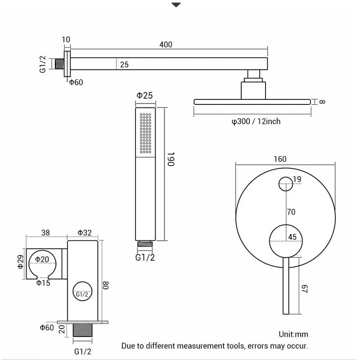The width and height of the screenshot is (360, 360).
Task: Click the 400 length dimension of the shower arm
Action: point(166,45)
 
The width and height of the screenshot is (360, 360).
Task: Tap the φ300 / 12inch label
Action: point(256,121)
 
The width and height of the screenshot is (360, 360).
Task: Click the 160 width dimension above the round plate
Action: point(279,159)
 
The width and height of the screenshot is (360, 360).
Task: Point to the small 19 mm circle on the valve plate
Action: point(285,184)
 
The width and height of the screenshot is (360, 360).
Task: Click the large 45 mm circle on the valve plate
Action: point(285,240)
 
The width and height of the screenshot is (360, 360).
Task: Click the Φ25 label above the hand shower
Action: point(145,95)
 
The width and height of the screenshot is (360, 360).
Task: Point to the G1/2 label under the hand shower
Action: point(145,257)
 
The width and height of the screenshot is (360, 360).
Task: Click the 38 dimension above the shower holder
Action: point(45,233)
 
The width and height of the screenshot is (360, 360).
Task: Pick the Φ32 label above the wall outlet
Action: point(85,233)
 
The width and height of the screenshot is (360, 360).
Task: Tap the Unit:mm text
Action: point(293,334)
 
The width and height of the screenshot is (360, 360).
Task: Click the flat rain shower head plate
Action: point(252,102)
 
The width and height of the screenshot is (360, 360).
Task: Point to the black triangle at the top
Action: point(176,5)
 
